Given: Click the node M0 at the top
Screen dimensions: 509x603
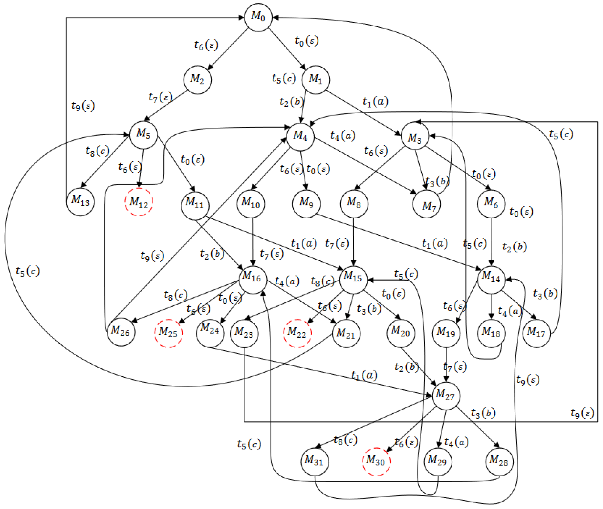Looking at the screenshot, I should pos(258,17).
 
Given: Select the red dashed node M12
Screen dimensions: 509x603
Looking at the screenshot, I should pos(139,202).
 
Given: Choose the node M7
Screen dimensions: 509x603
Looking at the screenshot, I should pos(426,204).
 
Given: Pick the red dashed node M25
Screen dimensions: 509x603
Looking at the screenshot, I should pos(168,333).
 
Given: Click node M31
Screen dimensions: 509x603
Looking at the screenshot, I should pos(314,462).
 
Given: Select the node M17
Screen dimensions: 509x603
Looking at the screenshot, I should pos(536,333).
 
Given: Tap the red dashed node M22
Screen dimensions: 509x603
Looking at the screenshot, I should pos(297,333).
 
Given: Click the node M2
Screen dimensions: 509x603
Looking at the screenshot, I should pos(197,80).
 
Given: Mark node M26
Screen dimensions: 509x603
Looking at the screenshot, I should pos(121,332).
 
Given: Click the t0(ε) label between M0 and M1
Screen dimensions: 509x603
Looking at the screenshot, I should pos(306,41).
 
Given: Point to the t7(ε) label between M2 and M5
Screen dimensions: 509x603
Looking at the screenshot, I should pos(160,97).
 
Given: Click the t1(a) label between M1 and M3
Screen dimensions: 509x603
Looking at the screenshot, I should pos(375,102).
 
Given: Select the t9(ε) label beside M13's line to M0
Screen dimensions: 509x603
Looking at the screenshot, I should pos(83,106).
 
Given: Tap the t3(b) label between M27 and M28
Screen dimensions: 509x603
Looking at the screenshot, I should pos(483,414).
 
